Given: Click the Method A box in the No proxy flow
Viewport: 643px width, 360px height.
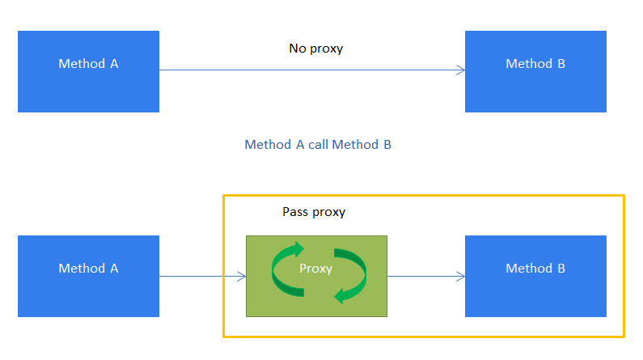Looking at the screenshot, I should [88, 71].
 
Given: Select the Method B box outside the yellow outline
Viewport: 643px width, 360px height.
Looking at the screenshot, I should [535, 71].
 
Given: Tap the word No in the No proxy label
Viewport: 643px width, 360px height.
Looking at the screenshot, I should [298, 49].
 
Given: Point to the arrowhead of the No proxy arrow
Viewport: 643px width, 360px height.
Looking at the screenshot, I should [461, 71].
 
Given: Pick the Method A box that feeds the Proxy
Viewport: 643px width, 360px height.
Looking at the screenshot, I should [88, 276].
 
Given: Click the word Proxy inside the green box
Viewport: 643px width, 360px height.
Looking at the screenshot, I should [315, 269].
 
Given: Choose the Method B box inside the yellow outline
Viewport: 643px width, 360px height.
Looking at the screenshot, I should [535, 276].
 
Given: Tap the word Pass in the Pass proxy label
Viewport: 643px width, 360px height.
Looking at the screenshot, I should [295, 212].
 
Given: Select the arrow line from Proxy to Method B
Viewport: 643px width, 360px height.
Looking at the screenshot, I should [425, 277].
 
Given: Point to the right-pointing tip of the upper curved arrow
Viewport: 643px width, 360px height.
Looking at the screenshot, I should [303, 248].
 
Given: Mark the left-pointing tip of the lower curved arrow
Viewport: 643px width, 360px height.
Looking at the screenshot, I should [336, 296].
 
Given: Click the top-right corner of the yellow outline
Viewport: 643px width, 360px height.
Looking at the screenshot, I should [624, 196].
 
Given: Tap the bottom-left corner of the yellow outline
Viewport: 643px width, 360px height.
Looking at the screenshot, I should [224, 336].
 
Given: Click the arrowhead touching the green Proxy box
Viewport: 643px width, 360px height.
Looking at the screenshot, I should [242, 277].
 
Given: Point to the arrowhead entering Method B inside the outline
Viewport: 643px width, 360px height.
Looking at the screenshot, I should [461, 277].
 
